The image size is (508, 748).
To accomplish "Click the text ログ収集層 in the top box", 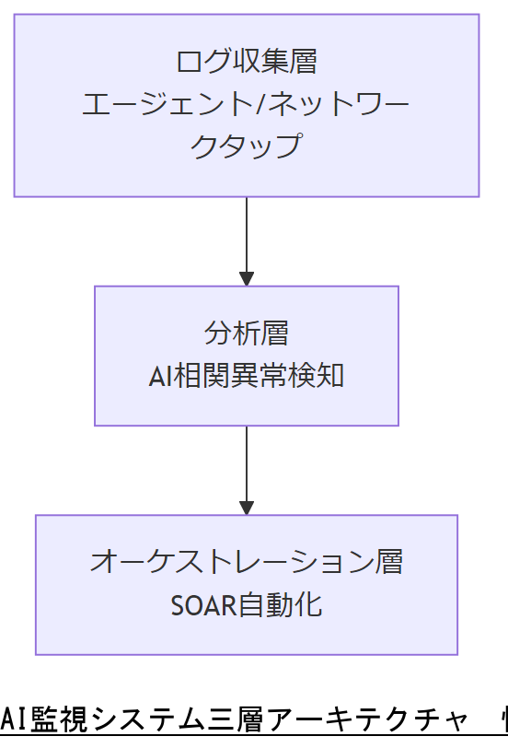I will coord(246,62).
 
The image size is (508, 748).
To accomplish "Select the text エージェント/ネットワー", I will coord(246,104).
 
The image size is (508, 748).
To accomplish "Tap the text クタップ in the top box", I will coord(246,146).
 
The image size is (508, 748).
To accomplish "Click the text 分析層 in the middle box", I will coord(246,333).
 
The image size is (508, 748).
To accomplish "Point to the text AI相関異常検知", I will coord(246,376).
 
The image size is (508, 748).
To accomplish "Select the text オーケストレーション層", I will coord(246,562).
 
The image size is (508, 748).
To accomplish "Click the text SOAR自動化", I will coord(246,605).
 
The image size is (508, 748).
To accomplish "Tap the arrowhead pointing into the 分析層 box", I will coord(246,278).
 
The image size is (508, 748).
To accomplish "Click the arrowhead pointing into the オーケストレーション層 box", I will coord(246,507).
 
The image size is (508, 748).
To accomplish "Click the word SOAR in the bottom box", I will coord(203,605).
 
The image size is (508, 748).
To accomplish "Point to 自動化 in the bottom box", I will coord(281,605).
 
